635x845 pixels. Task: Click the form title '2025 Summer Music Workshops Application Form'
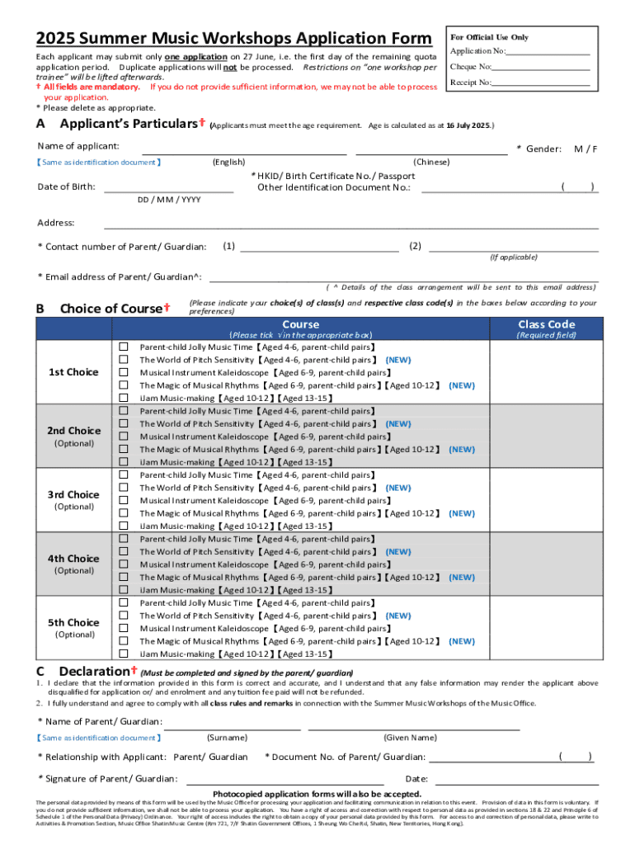click(233, 39)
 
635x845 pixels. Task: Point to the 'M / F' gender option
click(586, 149)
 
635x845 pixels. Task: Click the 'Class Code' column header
click(546, 324)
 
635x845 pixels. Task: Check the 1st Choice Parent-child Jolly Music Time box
click(124, 347)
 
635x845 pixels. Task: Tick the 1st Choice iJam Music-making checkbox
click(124, 398)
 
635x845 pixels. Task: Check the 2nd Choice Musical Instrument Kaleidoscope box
click(124, 437)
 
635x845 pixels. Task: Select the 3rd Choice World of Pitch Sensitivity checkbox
click(124, 488)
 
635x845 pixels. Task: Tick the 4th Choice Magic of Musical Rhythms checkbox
click(124, 577)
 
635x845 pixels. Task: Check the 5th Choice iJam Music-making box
click(124, 654)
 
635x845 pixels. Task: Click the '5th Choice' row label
click(73, 622)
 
